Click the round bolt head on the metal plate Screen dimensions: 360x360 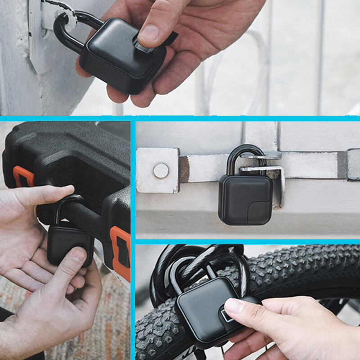[161, 171]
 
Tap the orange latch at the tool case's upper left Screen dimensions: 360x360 [22, 176]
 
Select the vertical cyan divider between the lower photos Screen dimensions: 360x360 [133, 238]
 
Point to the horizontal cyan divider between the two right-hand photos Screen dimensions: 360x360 [247, 242]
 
